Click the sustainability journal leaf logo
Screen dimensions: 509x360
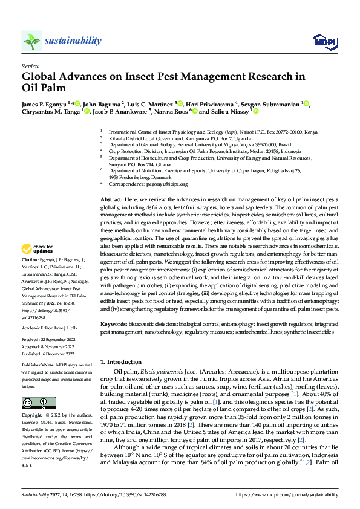tap(31, 41)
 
